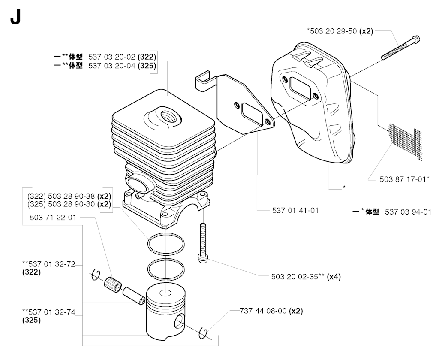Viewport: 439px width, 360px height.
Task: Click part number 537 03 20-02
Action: pyautogui.click(x=112, y=57)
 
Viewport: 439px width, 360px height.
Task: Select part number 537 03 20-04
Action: pyautogui.click(x=112, y=66)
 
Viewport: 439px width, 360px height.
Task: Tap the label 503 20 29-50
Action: pyautogui.click(x=333, y=31)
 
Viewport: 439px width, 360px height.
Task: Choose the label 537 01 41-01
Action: pyautogui.click(x=295, y=210)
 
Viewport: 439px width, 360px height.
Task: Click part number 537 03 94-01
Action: pyautogui.click(x=408, y=212)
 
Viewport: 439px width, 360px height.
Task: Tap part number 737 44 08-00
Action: pyautogui.click(x=263, y=311)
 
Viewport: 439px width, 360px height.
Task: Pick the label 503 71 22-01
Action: pyautogui.click(x=53, y=217)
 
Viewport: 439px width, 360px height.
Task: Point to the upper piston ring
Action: pyautogui.click(x=166, y=244)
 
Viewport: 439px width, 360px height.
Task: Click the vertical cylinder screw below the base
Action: pyautogui.click(x=203, y=242)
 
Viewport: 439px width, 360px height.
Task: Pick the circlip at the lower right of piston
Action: pyautogui.click(x=204, y=333)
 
